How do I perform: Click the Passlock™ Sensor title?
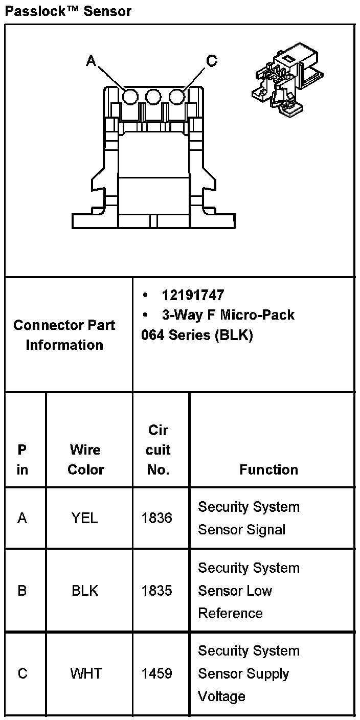coord(68,11)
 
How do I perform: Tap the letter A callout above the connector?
coord(91,61)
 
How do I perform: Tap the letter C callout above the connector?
coord(212,61)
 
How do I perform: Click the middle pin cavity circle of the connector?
coord(153,97)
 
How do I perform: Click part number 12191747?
coord(193,295)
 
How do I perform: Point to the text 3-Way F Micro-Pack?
coord(228,314)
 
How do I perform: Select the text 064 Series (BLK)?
coord(197,335)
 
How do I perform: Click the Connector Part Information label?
coord(64,335)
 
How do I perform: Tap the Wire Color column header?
coord(85,459)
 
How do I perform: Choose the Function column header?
coord(268,469)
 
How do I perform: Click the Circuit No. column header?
coord(158,449)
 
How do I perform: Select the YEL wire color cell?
coord(85,519)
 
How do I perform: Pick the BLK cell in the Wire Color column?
coord(85,591)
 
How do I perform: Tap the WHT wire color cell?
coord(86,673)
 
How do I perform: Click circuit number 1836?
coord(157,519)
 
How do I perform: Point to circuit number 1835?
coord(157,591)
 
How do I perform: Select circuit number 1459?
coord(157,673)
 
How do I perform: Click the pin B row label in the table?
coord(22,591)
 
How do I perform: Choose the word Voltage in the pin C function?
coord(221,696)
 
